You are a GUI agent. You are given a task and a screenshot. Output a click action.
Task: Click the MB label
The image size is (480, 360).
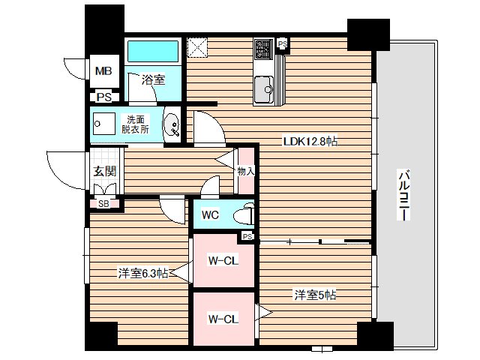(x=103, y=72)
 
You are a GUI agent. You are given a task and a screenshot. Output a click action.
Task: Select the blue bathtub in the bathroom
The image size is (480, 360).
(x=153, y=52)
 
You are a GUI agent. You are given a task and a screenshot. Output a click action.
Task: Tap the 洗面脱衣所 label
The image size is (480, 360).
(x=136, y=124)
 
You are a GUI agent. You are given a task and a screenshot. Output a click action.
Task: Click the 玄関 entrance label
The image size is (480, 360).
(x=104, y=172)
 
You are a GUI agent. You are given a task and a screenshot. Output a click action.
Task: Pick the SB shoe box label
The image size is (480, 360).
(x=103, y=204)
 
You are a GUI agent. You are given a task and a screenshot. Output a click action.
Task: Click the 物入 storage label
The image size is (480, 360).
(x=246, y=172)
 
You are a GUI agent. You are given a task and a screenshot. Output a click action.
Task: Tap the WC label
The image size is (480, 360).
(x=209, y=215)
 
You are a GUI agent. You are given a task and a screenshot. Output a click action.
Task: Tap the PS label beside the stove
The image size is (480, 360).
(x=282, y=44)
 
